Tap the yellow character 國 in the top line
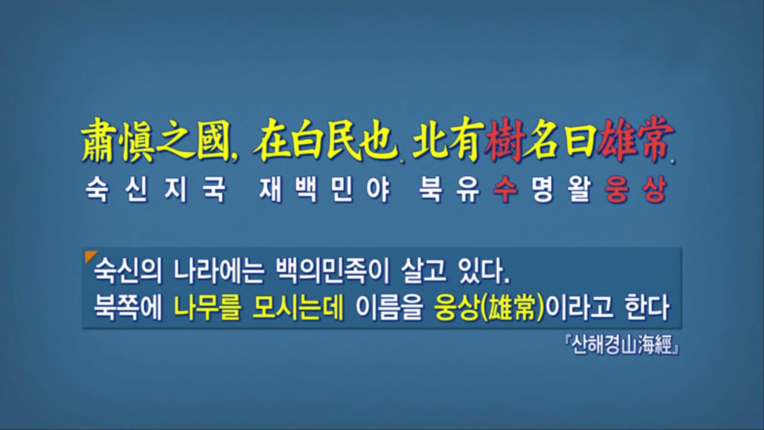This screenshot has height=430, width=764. pos(214,140)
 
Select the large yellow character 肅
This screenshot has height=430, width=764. pos(98,140)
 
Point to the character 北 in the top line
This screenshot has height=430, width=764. pos(430,140)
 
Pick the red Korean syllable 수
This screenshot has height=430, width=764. pos(506,190)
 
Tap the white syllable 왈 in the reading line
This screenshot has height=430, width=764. pos(580,190)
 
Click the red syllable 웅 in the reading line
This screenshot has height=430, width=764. pos(617,190)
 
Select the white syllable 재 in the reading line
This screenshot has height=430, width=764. pos(270,190)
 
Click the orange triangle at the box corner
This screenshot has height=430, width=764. pos(90,256)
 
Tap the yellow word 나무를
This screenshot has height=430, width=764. pos(208,308)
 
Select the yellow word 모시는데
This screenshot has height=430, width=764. pos(298,308)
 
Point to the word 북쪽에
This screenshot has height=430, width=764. pos(128,308)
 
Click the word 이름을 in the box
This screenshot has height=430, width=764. pos(389,308)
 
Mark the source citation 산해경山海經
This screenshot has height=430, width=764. pos(622,345)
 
